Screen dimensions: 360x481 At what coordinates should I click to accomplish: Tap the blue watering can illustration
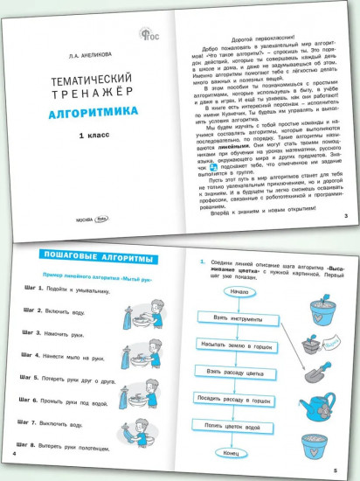[x=330, y=401]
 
